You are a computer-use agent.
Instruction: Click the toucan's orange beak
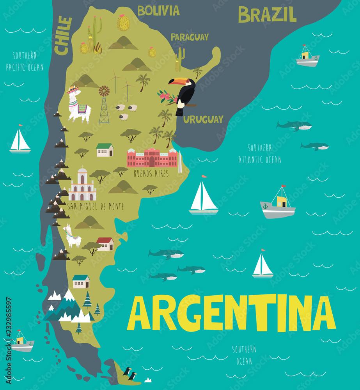click(174, 82)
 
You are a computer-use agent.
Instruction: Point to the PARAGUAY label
click(190, 37)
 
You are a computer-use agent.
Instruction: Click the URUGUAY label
click(204, 119)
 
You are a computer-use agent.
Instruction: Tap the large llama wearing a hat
click(78, 105)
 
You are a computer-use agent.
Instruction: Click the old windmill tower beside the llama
click(104, 105)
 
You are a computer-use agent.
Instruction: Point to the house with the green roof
click(105, 150)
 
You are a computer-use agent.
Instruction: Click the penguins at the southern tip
click(130, 374)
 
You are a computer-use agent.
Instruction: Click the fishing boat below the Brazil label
click(307, 56)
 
